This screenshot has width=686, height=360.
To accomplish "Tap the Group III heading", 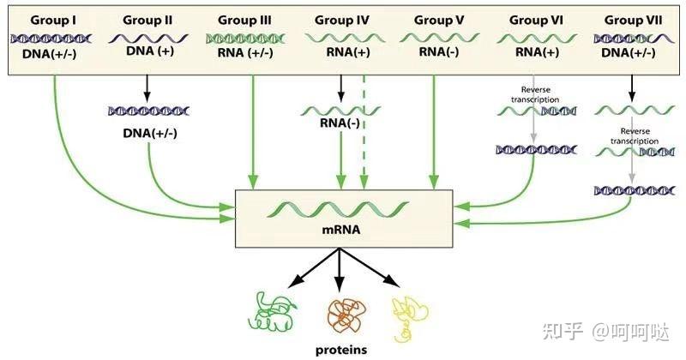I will click(246, 19).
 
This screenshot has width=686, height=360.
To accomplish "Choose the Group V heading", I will click(439, 19).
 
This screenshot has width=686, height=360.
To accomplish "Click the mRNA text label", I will click(341, 231).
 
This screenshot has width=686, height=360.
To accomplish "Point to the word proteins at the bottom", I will click(340, 349).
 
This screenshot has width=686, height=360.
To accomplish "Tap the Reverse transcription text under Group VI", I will click(535, 94).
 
